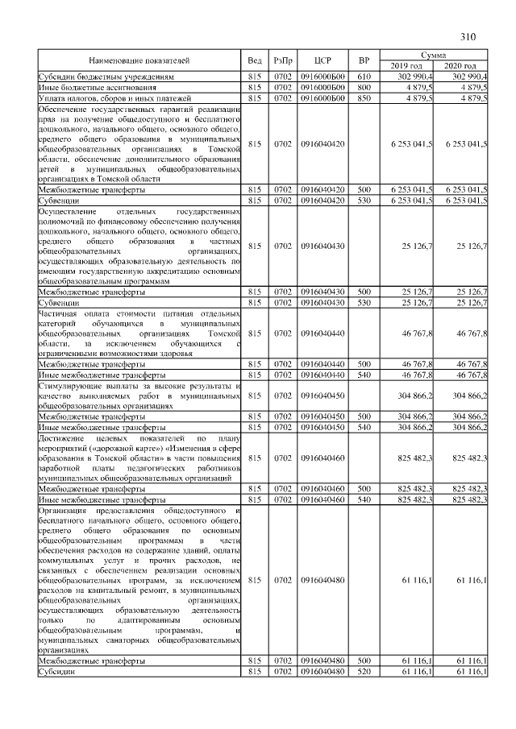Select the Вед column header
point(255,60)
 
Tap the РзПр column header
point(282,60)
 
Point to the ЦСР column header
point(322,60)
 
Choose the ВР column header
point(364,60)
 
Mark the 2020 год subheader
point(460,66)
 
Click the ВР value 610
point(364,76)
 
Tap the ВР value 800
point(364,87)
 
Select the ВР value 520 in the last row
point(364,671)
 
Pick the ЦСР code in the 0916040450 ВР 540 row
point(322,426)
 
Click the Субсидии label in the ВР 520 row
point(56,671)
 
